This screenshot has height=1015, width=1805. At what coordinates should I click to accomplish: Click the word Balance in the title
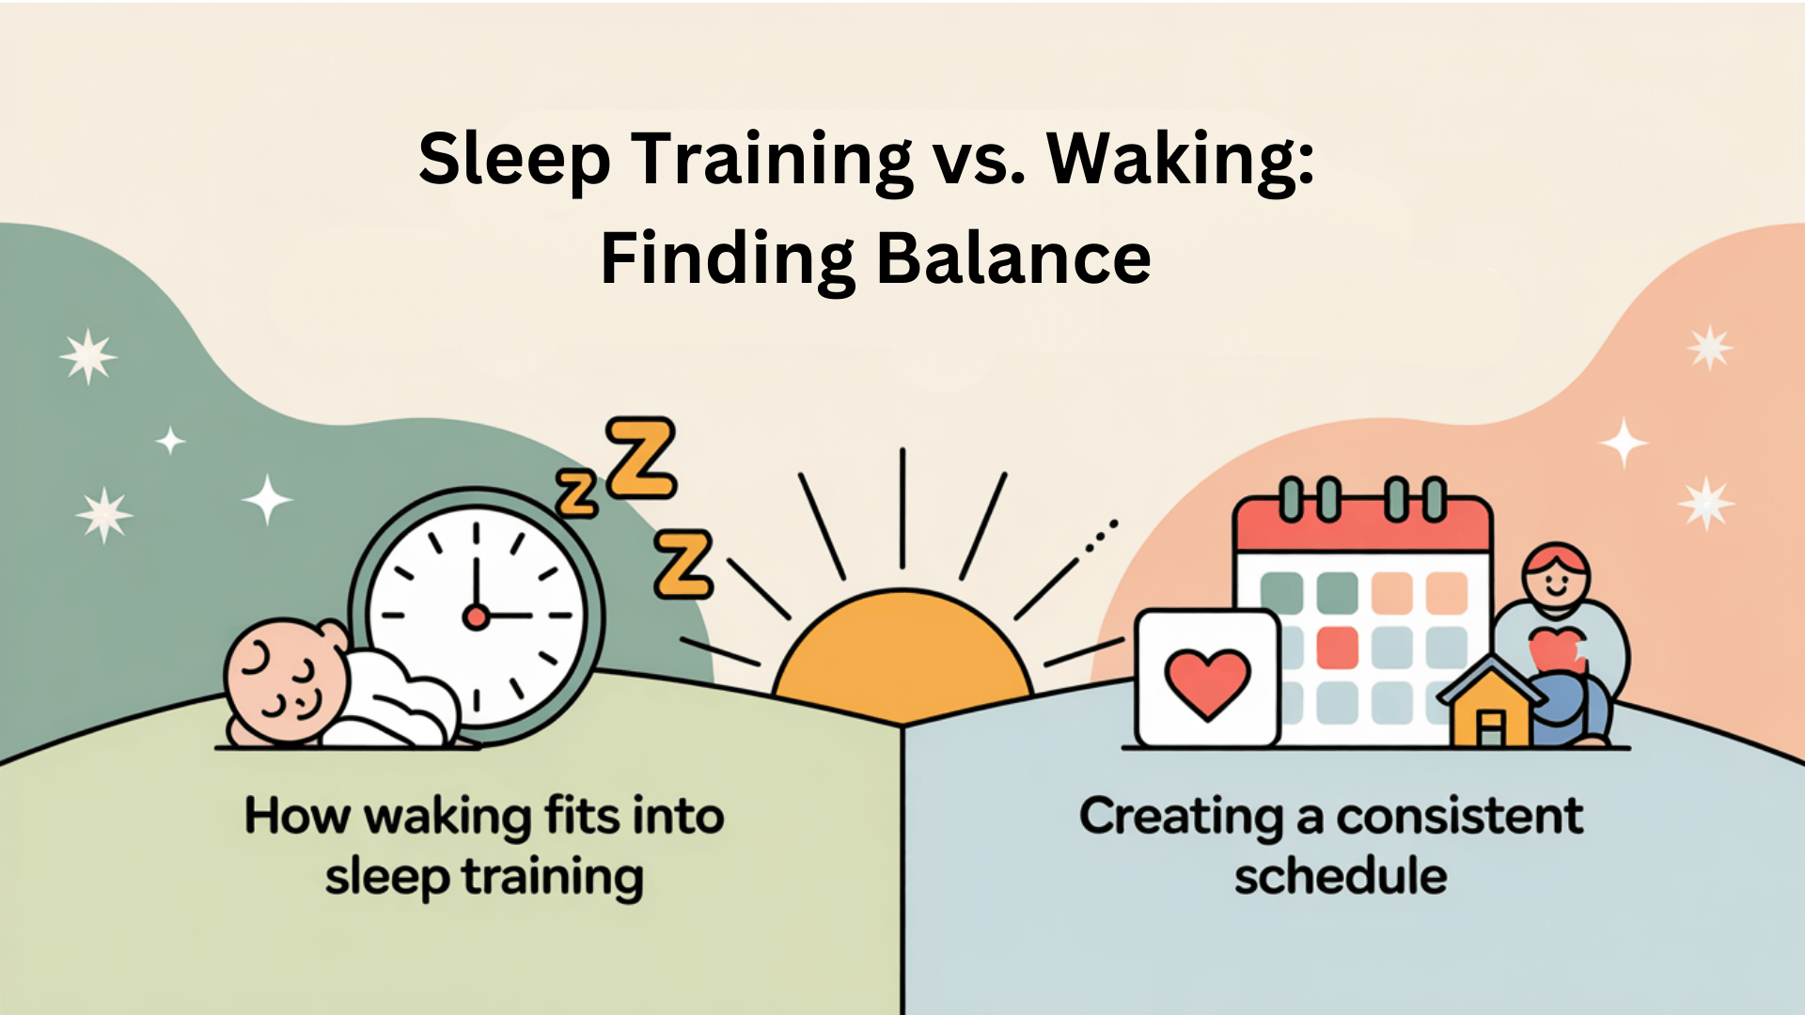(x=1013, y=258)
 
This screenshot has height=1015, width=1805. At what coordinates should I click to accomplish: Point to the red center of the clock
(x=477, y=617)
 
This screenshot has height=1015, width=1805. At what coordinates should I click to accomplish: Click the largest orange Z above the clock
(x=641, y=458)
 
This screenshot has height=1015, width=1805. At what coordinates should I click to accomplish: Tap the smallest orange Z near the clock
(x=577, y=494)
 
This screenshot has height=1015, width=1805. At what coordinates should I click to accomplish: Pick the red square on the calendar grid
(x=1337, y=648)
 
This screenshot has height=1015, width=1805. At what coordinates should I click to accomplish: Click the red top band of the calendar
(x=1362, y=526)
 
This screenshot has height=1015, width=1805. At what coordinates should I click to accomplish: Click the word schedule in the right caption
(x=1341, y=877)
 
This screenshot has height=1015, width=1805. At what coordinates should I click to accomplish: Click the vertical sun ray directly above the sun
(x=902, y=508)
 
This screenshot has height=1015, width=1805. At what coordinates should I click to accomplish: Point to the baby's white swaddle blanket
(x=395, y=700)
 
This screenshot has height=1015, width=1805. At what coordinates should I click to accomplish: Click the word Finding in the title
(x=728, y=260)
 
